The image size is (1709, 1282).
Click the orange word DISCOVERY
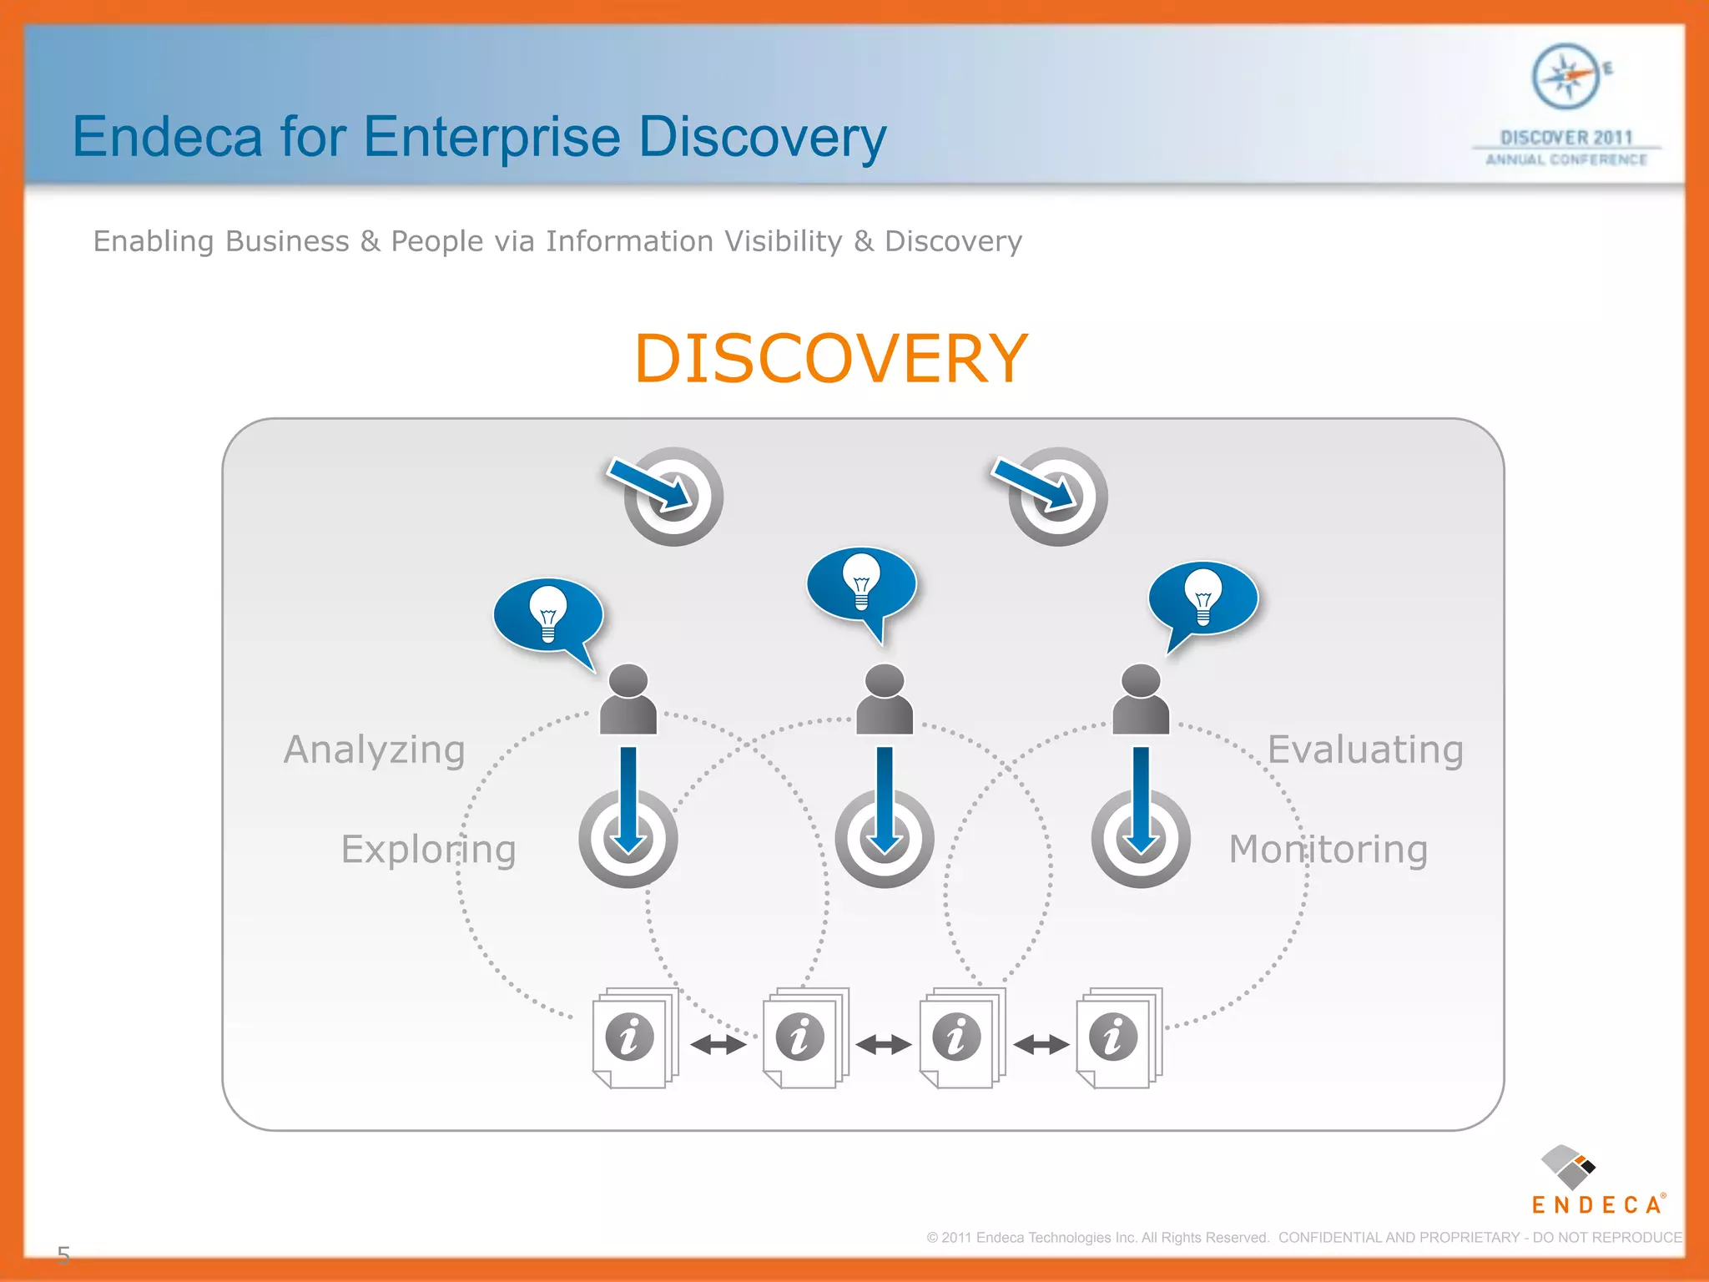(830, 359)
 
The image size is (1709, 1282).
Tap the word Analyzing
(375, 750)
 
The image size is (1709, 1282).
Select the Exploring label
(428, 850)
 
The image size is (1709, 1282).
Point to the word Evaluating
(1365, 750)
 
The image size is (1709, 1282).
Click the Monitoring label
(1328, 850)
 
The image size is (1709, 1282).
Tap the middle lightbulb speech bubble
(861, 585)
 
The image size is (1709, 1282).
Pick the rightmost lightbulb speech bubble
(1203, 599)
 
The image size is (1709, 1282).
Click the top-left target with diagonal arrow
(673, 496)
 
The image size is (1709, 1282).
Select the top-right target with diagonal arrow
(1057, 496)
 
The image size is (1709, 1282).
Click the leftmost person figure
(628, 699)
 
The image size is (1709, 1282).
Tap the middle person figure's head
(885, 680)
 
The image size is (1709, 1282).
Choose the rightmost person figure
(1141, 699)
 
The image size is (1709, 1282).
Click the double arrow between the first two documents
(718, 1044)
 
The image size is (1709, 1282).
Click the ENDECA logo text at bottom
(1596, 1205)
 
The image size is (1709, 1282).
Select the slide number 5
(63, 1254)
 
